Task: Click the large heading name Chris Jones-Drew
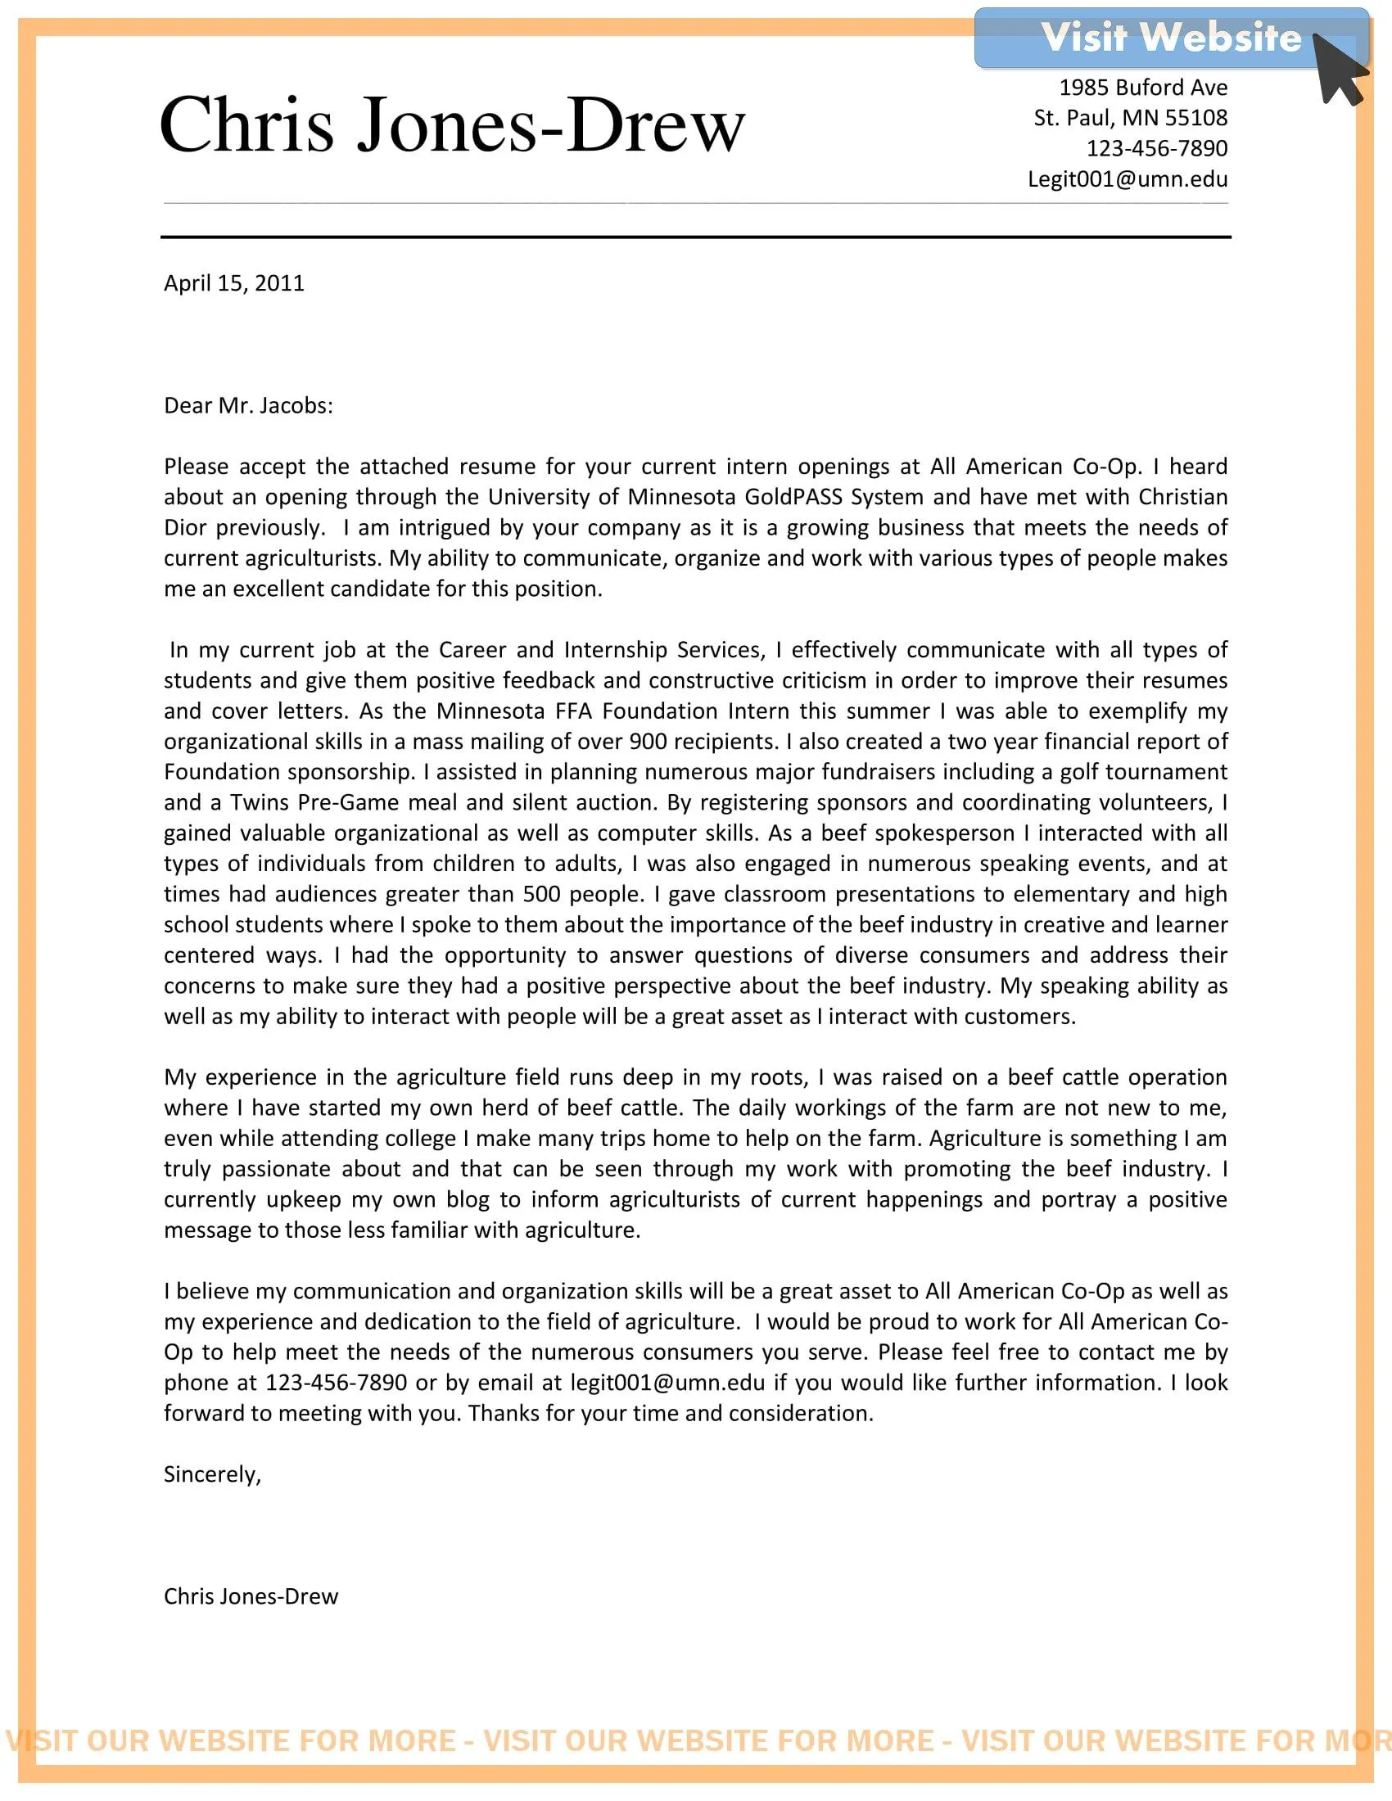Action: pos(452,125)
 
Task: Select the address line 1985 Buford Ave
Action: pos(1143,88)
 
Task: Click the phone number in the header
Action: pos(1156,148)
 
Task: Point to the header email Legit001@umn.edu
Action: pos(1127,179)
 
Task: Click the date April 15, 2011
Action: pos(234,284)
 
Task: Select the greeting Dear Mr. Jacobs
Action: pos(248,406)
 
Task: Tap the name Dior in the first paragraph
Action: pos(186,528)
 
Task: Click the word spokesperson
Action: pos(943,833)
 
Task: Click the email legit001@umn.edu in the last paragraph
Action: pos(667,1382)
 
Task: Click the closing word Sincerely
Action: pos(212,1474)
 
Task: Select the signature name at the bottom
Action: pos(251,1596)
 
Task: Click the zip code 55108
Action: pos(1195,118)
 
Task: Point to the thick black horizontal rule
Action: pos(695,237)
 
